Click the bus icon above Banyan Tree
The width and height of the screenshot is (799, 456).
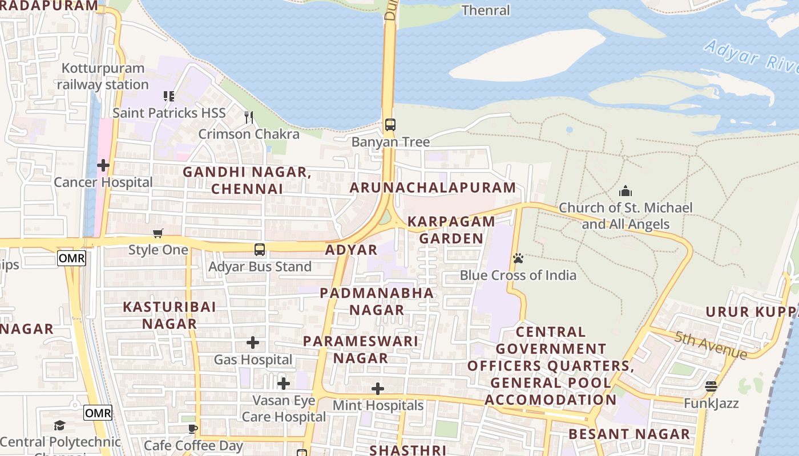point(390,125)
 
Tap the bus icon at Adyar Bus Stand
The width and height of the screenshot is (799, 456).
point(260,250)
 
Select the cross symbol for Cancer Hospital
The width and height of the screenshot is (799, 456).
point(103,166)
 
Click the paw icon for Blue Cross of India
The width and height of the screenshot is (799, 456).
point(518,259)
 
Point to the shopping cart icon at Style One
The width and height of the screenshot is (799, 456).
point(158,233)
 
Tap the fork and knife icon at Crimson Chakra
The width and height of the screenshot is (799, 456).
point(249,117)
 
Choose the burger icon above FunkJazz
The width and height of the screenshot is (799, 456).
point(711,386)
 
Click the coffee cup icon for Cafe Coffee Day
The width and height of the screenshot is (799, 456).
point(193,429)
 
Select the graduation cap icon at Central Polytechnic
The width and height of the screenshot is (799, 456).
point(60,425)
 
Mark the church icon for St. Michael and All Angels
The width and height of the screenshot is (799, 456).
point(626,191)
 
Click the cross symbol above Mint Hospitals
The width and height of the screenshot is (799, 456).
point(378,389)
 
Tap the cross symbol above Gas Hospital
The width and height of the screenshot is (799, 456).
point(253,343)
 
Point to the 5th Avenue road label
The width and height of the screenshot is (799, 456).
point(711,345)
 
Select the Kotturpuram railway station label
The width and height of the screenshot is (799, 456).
point(103,76)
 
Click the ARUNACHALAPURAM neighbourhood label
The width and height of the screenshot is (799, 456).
point(433,188)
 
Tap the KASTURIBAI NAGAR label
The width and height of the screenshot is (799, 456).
point(170,315)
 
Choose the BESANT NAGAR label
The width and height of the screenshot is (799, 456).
point(629,434)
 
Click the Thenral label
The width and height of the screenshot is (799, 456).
point(485,10)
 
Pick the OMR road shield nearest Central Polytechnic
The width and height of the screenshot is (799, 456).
point(98,413)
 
